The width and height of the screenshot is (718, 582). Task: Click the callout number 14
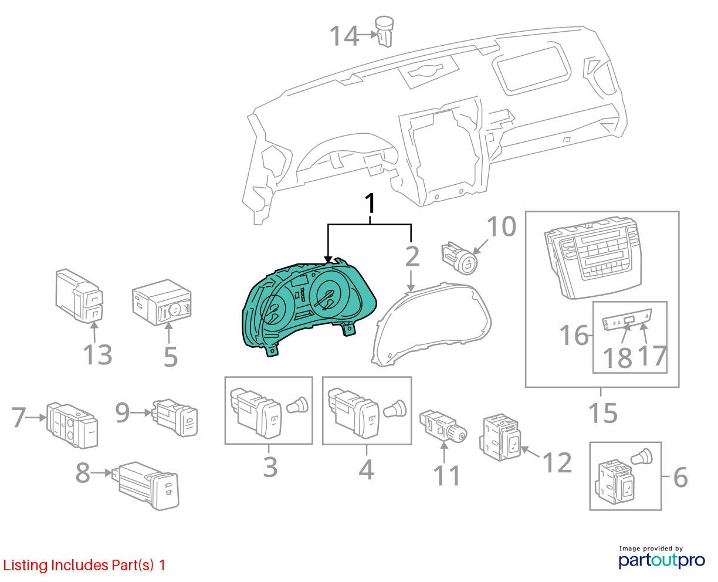[344, 36]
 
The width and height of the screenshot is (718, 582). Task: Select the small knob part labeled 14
[384, 31]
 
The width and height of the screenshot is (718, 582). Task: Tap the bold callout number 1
[370, 203]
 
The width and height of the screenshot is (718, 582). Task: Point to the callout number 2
[412, 256]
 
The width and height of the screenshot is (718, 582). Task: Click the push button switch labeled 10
[460, 258]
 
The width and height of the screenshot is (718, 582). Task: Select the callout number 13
[97, 354]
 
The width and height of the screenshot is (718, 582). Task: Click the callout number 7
[19, 417]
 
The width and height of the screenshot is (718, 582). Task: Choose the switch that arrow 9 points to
[175, 418]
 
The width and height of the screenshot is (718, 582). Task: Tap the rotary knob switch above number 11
[443, 425]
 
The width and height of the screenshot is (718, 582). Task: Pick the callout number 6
[680, 477]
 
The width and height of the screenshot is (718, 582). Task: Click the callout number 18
[617, 358]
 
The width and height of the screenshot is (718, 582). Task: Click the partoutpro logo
[662, 560]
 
